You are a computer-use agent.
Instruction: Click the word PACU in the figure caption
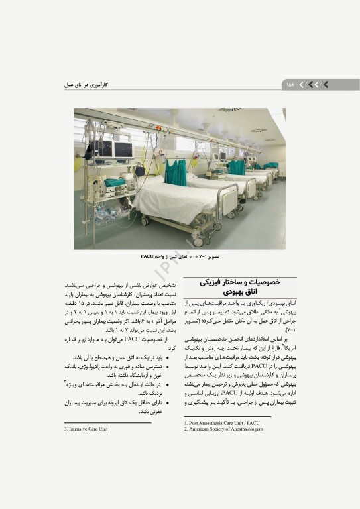coord(148,255)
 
